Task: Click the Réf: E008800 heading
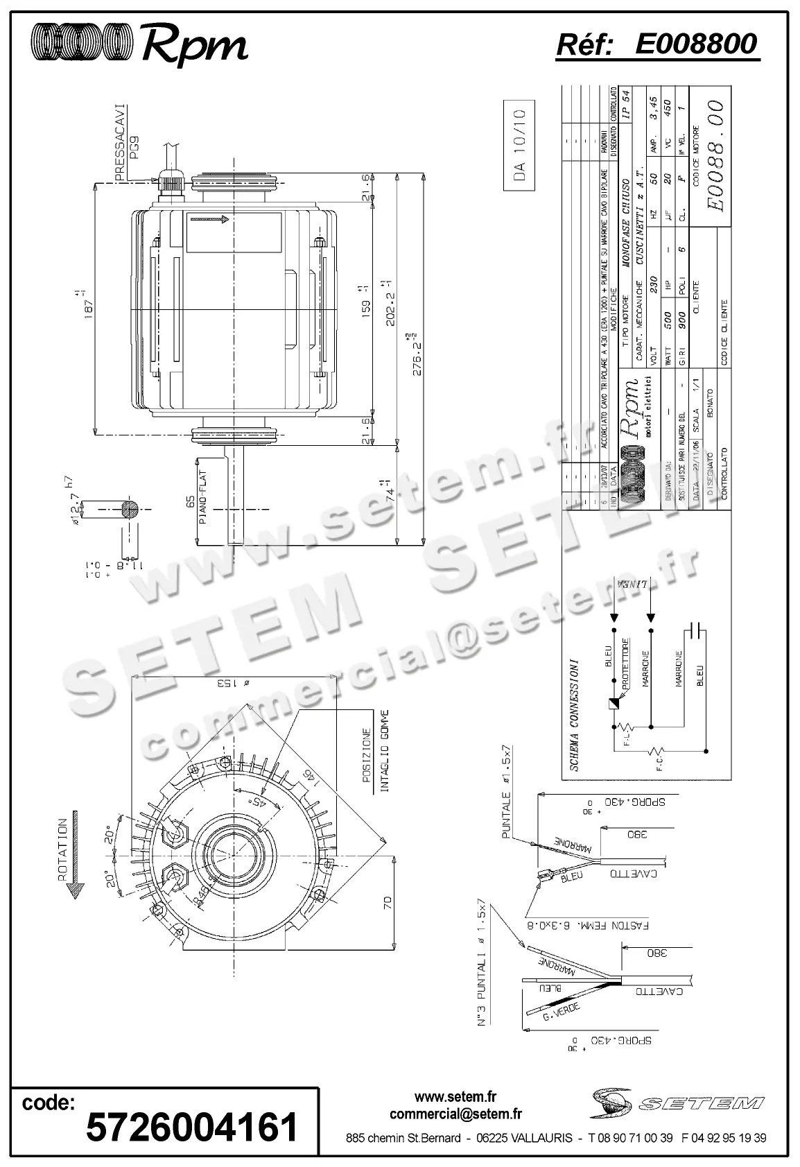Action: pyautogui.click(x=657, y=44)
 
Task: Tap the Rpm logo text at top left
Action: pyautogui.click(x=195, y=45)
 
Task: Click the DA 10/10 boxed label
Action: pyautogui.click(x=521, y=143)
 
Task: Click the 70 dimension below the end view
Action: pyautogui.click(x=388, y=902)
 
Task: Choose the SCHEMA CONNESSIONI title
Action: pyautogui.click(x=574, y=715)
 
